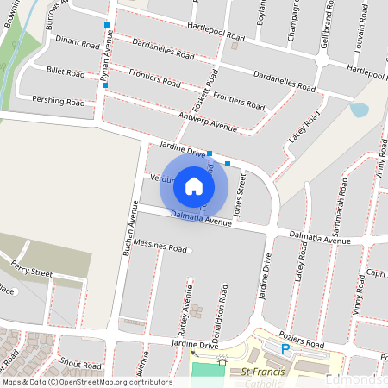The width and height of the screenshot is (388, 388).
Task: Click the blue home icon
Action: coord(194,185)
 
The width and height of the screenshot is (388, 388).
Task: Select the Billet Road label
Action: coord(66,74)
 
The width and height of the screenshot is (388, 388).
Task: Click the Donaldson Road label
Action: coord(222,306)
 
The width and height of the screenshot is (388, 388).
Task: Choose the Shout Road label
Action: coord(83,365)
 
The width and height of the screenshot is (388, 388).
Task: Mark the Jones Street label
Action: coord(241,193)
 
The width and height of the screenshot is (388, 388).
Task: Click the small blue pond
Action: coord(359,110)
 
